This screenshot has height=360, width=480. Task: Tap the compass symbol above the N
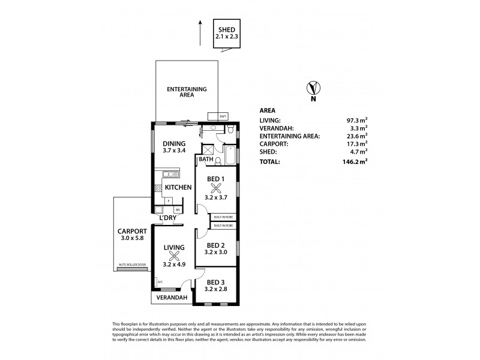tap(312, 88)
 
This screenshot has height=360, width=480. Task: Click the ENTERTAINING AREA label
tap(187, 92)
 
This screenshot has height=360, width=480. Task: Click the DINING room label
tap(174, 143)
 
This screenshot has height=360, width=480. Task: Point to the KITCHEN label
tap(178, 187)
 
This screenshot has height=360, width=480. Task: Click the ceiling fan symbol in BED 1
tap(217, 186)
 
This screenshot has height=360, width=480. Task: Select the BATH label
tap(206, 160)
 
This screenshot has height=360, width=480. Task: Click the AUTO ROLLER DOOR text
tap(132, 264)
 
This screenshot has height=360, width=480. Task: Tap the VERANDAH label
tap(172, 298)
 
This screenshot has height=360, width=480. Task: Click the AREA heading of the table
tap(268, 111)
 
